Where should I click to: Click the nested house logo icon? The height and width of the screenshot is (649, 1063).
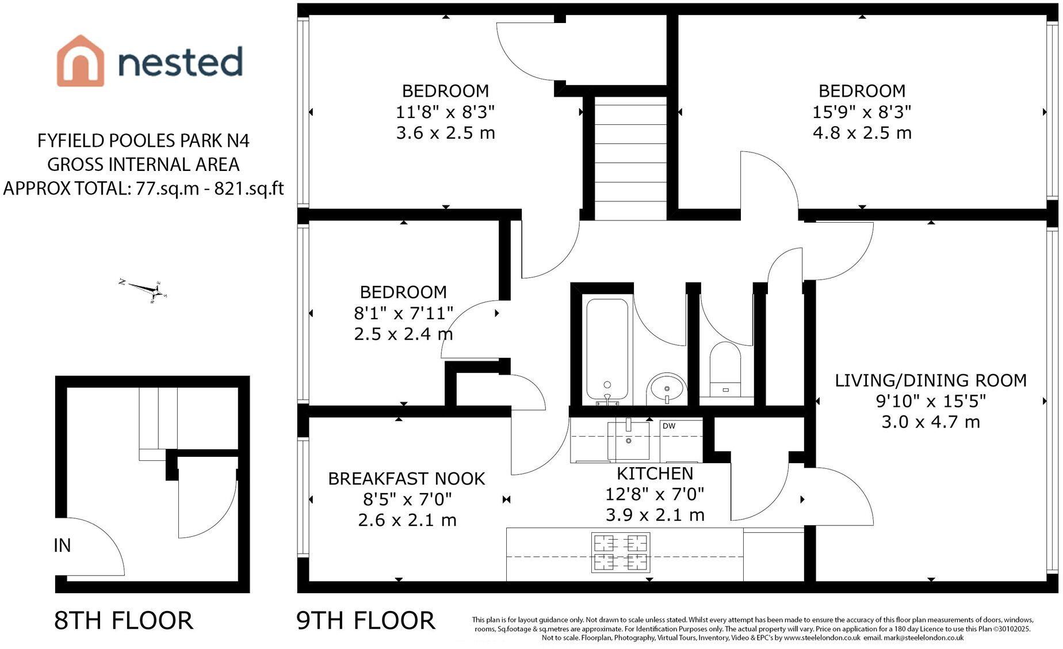pos(81,61)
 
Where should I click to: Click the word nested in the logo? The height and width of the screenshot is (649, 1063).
pos(180,62)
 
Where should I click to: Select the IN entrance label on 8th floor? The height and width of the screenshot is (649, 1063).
pos(62,545)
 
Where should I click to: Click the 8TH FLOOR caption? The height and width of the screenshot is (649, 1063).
pos(124,621)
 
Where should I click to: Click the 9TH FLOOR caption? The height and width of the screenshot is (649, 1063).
pos(366,621)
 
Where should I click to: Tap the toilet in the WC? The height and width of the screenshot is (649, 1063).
pos(725,368)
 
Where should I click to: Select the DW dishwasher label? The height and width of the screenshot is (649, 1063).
pos(669,426)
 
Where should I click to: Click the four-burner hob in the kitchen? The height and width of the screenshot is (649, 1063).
pos(620,552)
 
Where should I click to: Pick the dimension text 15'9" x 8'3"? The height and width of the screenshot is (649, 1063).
pos(861,112)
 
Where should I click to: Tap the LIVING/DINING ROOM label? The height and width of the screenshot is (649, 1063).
pos(930,380)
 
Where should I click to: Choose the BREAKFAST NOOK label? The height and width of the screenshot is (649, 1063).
pos(407,479)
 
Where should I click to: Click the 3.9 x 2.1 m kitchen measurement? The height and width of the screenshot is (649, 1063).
pos(655,515)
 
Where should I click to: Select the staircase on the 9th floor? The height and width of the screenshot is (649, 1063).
pos(630,158)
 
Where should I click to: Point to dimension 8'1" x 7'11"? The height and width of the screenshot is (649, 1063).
pos(403,313)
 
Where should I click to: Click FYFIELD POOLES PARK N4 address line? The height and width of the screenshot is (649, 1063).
pos(143,140)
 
